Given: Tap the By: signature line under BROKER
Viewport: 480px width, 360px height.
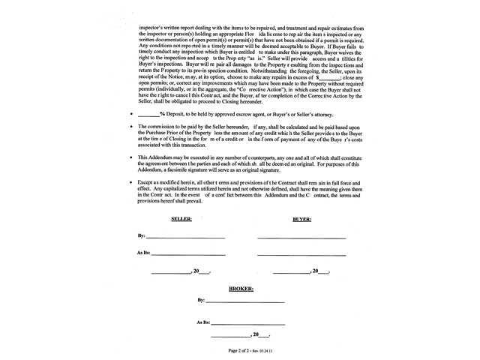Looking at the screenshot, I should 247,301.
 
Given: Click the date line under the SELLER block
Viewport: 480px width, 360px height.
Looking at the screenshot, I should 171,272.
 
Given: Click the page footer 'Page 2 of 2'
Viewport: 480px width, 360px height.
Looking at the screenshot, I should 241,350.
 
